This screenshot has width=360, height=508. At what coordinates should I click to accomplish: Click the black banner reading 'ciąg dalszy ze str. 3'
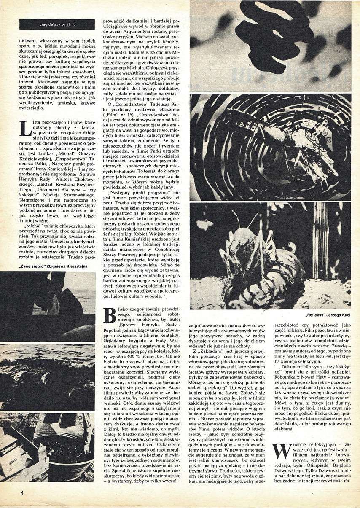[x=57, y=24]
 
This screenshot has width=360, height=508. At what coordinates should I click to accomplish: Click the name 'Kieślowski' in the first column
[x=34, y=83]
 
